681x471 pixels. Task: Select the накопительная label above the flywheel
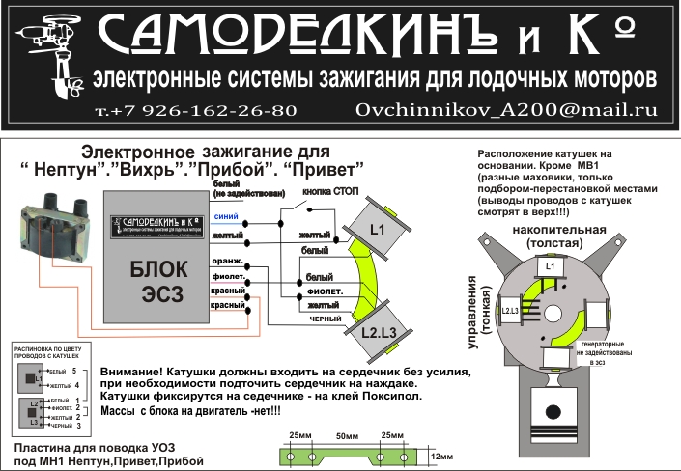[x=547, y=230]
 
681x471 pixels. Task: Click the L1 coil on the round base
[x=550, y=266]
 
